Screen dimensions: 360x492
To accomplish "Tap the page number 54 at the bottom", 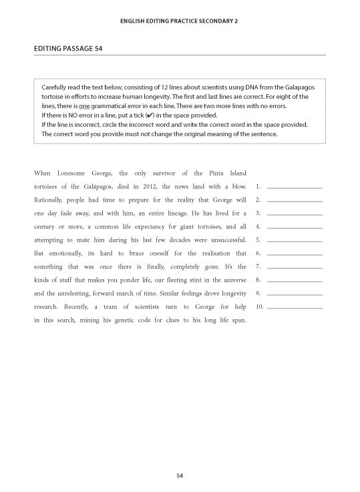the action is click(180, 475).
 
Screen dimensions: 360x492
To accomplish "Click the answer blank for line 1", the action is click(294, 187).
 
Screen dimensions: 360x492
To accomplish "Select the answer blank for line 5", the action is click(294, 240).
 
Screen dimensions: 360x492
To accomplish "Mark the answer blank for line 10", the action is click(294, 307).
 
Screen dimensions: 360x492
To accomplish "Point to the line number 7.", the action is click(258, 267).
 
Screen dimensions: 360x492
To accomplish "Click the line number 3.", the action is click(258, 214).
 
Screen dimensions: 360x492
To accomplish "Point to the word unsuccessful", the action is click(225, 240).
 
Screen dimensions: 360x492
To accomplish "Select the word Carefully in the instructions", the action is click(55, 87).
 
